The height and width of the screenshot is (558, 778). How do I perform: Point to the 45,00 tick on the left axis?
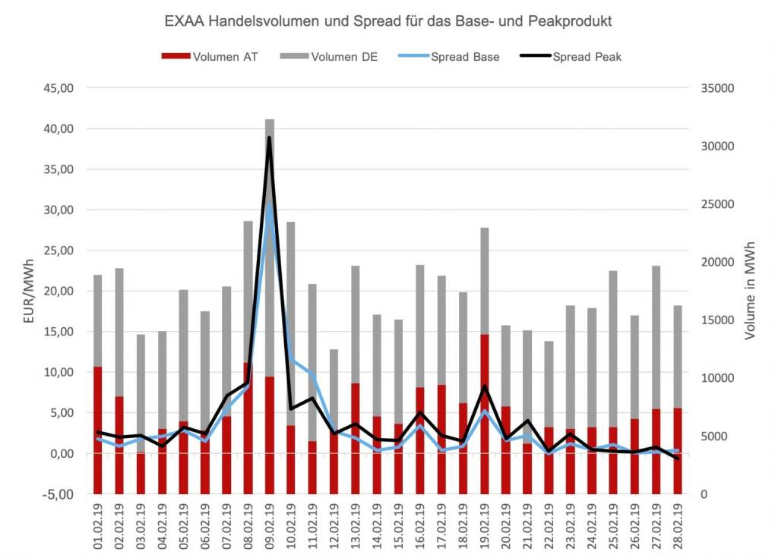point(59,88)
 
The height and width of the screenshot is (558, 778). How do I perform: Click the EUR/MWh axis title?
point(29,292)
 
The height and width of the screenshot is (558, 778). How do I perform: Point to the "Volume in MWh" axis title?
point(750,292)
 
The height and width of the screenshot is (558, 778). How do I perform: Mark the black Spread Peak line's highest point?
point(269,137)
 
